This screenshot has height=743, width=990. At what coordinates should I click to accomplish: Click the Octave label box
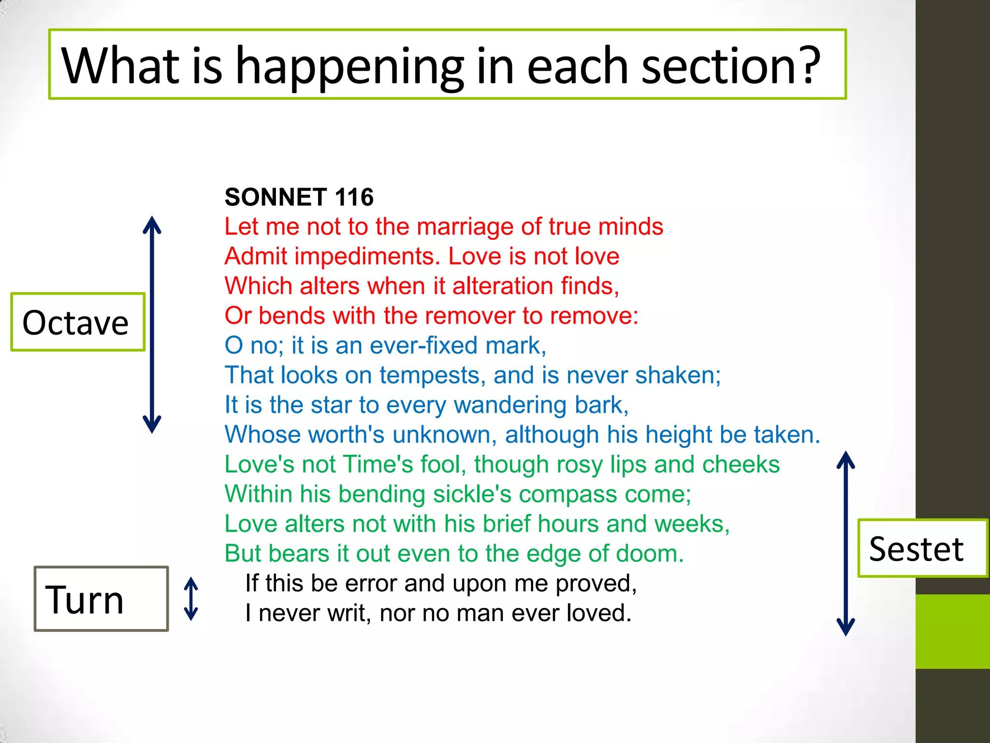[77, 322]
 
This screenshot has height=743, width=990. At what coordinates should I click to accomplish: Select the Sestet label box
[922, 549]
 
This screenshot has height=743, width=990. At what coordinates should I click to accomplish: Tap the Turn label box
[101, 599]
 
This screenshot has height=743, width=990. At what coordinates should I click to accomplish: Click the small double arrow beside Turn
[191, 599]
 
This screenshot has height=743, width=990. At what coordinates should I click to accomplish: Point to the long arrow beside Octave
[152, 324]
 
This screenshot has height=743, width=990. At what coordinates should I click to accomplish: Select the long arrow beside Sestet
[845, 543]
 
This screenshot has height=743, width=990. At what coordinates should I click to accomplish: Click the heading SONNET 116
[299, 197]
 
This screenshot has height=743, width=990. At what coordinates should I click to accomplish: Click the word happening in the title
[349, 66]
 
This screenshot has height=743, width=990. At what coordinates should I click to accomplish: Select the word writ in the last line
[348, 613]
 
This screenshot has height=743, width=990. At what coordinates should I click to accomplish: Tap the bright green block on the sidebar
[952, 631]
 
